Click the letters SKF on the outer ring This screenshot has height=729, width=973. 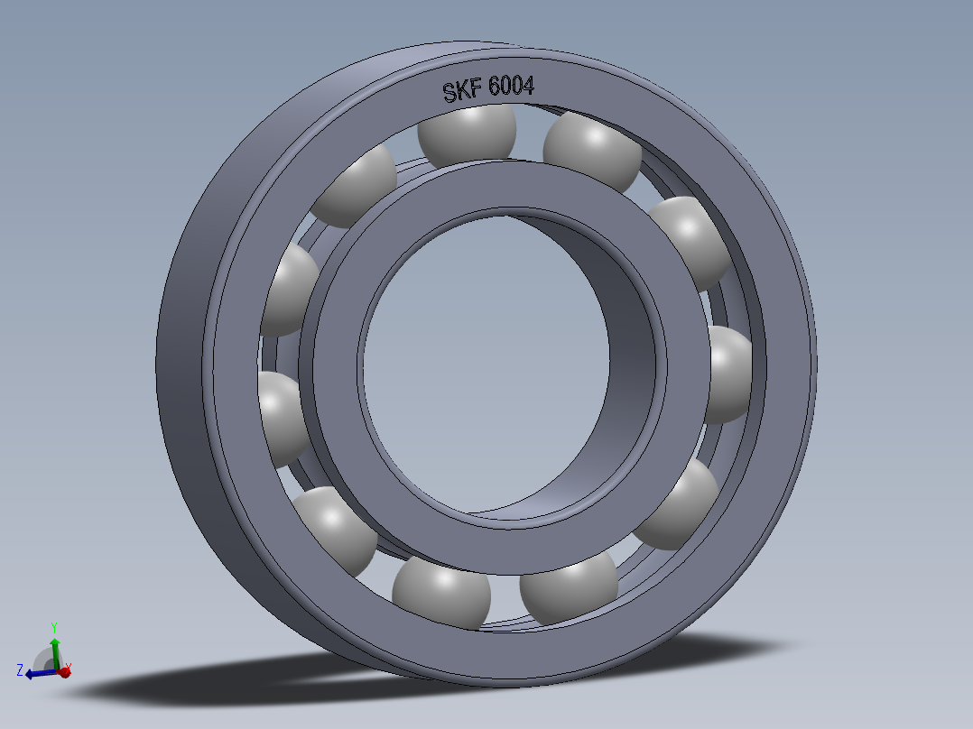(x=461, y=91)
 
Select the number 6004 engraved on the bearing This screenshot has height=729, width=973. (x=511, y=87)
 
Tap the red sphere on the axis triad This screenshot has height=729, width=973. (x=63, y=671)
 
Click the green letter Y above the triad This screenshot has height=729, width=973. (x=54, y=628)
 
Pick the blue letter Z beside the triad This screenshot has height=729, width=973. (x=19, y=669)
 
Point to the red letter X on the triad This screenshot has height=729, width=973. (x=69, y=668)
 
